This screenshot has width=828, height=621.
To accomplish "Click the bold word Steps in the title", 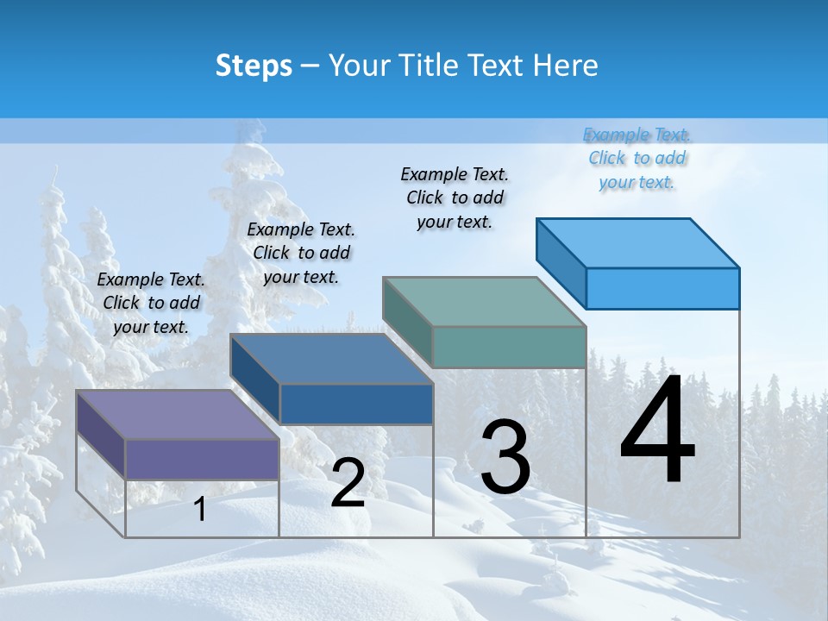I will pyautogui.click(x=254, y=66).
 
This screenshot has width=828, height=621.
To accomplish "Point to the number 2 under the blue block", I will pyautogui.click(x=348, y=483).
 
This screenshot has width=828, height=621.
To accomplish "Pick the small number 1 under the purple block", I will pyautogui.click(x=199, y=510).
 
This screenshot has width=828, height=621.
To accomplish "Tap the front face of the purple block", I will pyautogui.click(x=202, y=459).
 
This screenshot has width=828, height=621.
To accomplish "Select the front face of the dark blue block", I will pyautogui.click(x=356, y=404).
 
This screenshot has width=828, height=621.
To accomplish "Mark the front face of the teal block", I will pyautogui.click(x=509, y=347).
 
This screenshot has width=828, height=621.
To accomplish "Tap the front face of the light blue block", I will pyautogui.click(x=662, y=288).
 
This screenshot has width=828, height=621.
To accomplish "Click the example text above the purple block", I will pyautogui.click(x=151, y=303).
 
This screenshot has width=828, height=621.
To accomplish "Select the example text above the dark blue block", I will pyautogui.click(x=301, y=253).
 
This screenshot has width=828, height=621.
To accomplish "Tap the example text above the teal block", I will pyautogui.click(x=455, y=198).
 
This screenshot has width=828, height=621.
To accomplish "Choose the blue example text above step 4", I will pyautogui.click(x=637, y=158).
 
